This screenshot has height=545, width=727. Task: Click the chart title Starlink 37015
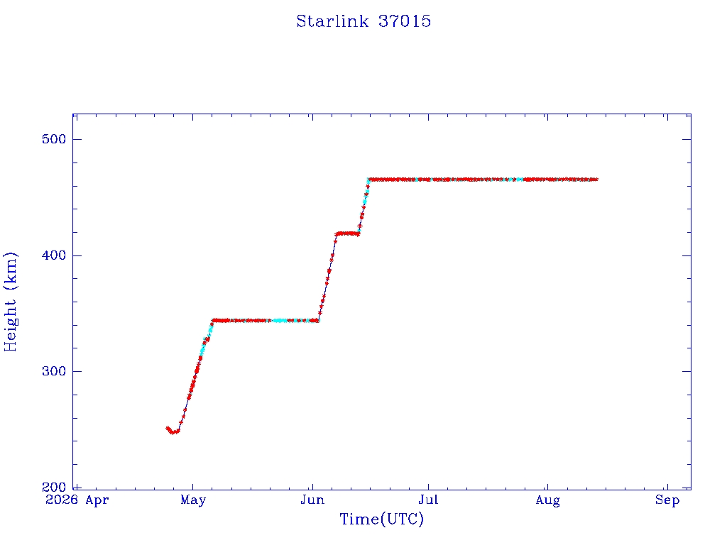pyautogui.click(x=363, y=21)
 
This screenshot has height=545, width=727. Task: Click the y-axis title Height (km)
pyautogui.click(x=10, y=302)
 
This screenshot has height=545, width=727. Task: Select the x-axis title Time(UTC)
pyautogui.click(x=381, y=519)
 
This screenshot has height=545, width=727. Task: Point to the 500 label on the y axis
pyautogui.click(x=54, y=139)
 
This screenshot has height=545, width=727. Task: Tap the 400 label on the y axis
pyautogui.click(x=54, y=255)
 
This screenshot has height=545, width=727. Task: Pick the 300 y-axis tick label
pyautogui.click(x=54, y=371)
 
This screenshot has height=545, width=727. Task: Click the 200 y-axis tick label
pyautogui.click(x=54, y=487)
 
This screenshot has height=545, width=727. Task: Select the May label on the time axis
pyautogui.click(x=193, y=500)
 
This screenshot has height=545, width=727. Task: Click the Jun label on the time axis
pyautogui.click(x=312, y=500)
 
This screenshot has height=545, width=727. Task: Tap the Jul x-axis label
pyautogui.click(x=428, y=500)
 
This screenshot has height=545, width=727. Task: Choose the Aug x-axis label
pyautogui.click(x=547, y=500)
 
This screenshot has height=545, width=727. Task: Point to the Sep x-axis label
pyautogui.click(x=667, y=500)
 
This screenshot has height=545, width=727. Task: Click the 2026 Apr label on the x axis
pyautogui.click(x=77, y=500)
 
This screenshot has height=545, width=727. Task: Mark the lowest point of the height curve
pyautogui.click(x=173, y=432)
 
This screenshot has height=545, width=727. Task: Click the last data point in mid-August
pyautogui.click(x=596, y=180)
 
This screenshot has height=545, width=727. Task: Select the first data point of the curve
pyautogui.click(x=168, y=428)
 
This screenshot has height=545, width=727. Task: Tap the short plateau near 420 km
pyautogui.click(x=347, y=233)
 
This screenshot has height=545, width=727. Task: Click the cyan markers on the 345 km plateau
pyautogui.click(x=280, y=320)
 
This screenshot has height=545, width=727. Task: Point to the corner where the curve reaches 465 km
pyautogui.click(x=368, y=180)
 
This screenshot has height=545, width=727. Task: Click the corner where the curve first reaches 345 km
pyautogui.click(x=213, y=320)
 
